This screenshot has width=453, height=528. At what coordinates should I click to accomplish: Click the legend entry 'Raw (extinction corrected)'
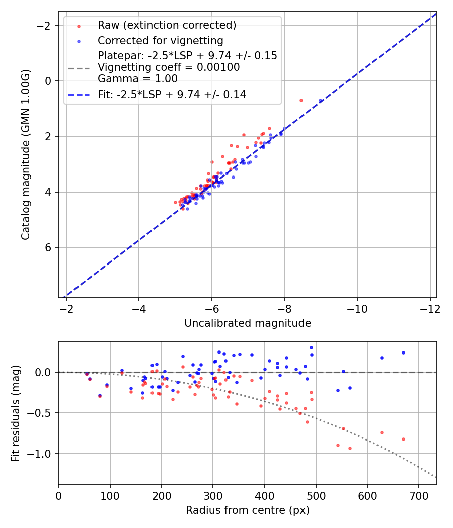point(167,25)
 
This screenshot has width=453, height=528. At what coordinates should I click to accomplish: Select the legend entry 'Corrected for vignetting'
point(160,40)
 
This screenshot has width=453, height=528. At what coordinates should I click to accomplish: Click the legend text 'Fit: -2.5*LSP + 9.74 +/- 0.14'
point(172,94)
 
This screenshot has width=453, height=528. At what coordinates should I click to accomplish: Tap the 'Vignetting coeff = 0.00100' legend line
point(169,67)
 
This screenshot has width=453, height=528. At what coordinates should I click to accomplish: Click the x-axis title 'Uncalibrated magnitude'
point(248,323)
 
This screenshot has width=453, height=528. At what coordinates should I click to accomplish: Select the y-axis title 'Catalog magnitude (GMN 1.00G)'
point(26,154)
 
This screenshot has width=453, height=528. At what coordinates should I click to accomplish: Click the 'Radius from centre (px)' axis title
point(248,510)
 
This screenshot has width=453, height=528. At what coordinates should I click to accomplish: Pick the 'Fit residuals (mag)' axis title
point(16,413)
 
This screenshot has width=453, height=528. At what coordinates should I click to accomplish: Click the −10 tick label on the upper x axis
point(357,308)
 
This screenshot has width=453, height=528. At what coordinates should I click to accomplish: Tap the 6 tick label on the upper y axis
point(49,247)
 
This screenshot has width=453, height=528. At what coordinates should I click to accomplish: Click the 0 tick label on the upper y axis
point(49,81)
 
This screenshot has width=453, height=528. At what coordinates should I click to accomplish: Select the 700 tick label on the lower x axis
point(367,495)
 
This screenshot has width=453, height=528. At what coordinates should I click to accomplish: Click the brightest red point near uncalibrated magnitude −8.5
point(301,100)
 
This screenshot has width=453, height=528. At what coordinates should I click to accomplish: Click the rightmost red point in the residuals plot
point(403,439)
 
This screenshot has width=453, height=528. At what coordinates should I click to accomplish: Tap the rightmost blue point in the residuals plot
point(403,353)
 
